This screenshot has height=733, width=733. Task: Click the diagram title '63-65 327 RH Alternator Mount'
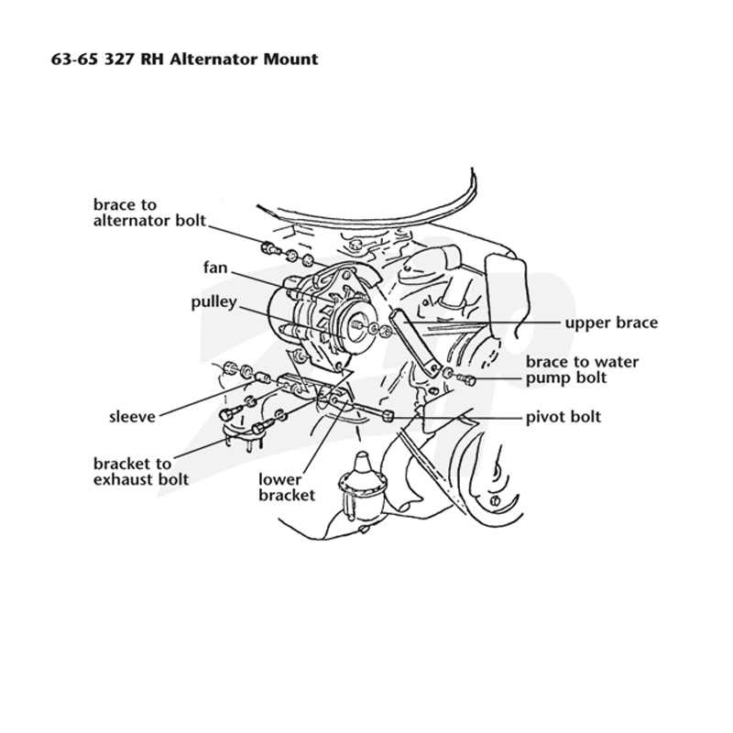pos(185,60)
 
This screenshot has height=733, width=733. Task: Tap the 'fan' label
pos(215,268)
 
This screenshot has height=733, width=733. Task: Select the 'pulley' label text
pos(213,302)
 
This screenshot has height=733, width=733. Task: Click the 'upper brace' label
pos(611,323)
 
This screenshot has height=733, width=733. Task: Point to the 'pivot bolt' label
pos(563,417)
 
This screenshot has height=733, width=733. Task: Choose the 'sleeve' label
pos(132,417)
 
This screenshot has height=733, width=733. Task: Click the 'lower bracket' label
pos(287,487)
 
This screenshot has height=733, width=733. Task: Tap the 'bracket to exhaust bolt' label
pos(141,471)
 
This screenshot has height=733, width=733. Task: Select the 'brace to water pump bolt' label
pos(582,370)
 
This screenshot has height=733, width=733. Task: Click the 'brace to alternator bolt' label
pos(149,213)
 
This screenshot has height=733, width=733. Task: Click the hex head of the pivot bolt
pos(388,415)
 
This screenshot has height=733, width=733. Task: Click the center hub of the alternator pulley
pos(356,324)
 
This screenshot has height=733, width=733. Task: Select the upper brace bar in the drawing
pos(415,341)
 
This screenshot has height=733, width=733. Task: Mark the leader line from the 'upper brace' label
pos(480,323)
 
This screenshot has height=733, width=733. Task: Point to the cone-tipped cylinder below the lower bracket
pos(361,487)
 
